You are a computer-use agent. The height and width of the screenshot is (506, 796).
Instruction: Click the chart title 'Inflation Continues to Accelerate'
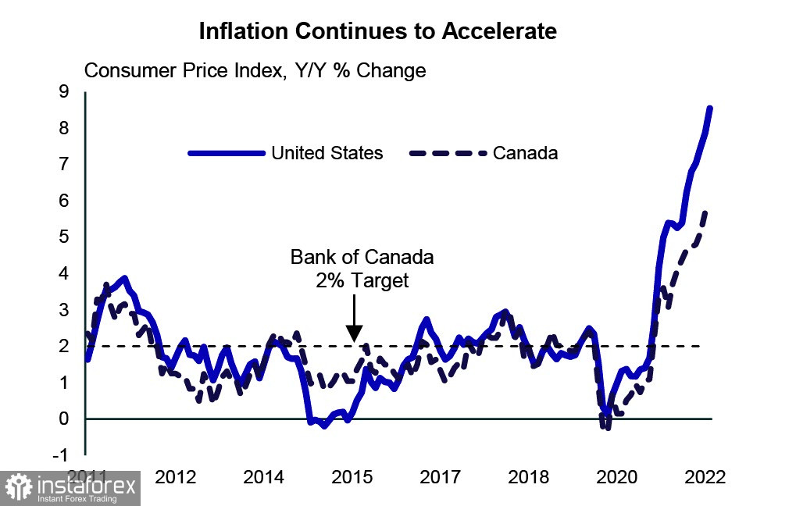coord(377,31)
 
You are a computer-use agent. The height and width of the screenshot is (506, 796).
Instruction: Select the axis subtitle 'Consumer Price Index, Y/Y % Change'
coord(255,70)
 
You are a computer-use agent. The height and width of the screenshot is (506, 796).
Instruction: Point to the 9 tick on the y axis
coord(65,92)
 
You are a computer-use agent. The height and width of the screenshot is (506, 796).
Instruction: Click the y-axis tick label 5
coord(65,237)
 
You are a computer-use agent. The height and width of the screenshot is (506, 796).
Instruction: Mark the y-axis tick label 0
coord(65,419)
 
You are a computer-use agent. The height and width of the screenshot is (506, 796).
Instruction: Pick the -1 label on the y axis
coord(61,454)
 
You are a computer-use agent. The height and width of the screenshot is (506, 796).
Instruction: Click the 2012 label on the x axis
coord(174,477)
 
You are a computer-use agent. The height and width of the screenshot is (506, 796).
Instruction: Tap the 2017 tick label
coord(441,477)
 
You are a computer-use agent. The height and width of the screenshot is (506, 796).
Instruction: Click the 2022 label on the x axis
coord(706,477)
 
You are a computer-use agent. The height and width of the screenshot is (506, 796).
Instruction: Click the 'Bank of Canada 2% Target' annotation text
coord(362,269)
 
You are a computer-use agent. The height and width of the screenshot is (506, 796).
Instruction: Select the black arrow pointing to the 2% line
coord(353,322)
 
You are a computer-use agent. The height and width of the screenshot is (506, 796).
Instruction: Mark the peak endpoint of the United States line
coord(709,109)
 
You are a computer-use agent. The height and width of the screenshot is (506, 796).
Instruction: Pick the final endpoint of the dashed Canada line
coord(706,211)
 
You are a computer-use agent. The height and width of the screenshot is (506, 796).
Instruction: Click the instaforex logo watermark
coord(70,488)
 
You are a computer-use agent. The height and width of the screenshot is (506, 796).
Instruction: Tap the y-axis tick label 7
coord(65,165)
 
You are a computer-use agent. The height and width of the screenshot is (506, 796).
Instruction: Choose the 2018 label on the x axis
coord(530,477)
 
